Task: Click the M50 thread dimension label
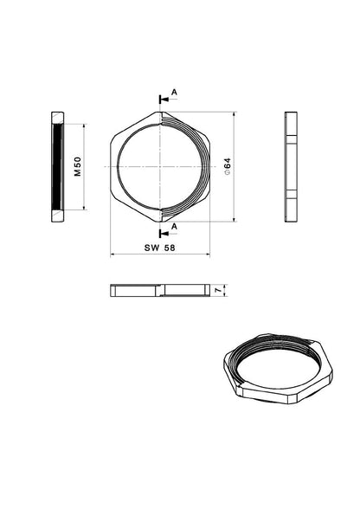78,167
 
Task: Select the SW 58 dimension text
160,248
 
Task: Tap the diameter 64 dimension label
228,167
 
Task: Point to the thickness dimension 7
219,290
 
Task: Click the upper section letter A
174,93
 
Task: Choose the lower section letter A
174,227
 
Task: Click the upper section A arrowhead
165,100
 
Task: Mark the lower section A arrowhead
165,234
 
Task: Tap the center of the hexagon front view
160,167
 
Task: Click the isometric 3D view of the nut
278,369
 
